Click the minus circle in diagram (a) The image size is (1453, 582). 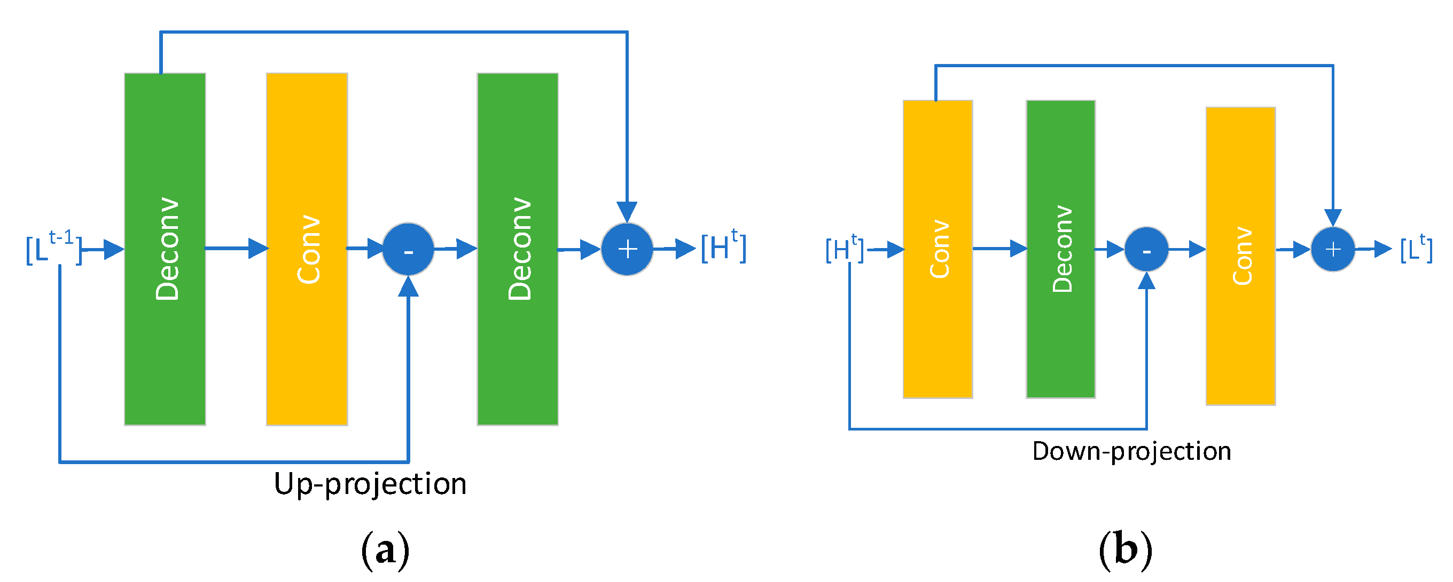pyautogui.click(x=408, y=250)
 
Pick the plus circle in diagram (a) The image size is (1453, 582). pyautogui.click(x=627, y=249)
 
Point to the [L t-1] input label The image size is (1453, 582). pyautogui.click(x=54, y=248)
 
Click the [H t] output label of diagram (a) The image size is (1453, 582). pyautogui.click(x=723, y=246)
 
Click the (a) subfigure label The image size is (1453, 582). pyautogui.click(x=385, y=550)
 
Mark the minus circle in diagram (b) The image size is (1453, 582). pyautogui.click(x=1146, y=250)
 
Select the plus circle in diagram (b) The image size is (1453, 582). pyautogui.click(x=1332, y=249)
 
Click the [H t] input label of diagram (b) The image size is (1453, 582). pyautogui.click(x=845, y=249)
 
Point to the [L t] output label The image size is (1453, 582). pyautogui.click(x=1416, y=248)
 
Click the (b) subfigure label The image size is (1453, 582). pyautogui.click(x=1126, y=550)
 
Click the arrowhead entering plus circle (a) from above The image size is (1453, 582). pyautogui.click(x=627, y=212)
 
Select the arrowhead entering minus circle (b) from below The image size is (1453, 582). pyautogui.click(x=1146, y=281)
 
